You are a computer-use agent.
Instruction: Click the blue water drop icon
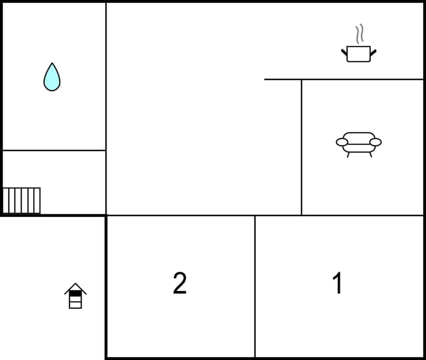pyautogui.click(x=52, y=79)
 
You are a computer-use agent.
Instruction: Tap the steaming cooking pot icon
pyautogui.click(x=359, y=54)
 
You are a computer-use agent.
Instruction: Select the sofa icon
pyautogui.click(x=359, y=143)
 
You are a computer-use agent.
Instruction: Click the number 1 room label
pyautogui.click(x=337, y=284)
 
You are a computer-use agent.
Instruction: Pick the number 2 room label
pyautogui.click(x=180, y=284)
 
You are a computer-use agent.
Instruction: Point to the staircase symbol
pyautogui.click(x=22, y=200)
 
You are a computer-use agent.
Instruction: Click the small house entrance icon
pyautogui.click(x=76, y=296)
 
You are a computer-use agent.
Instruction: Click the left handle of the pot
pyautogui.click(x=344, y=53)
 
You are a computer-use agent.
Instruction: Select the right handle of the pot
pyautogui.click(x=373, y=53)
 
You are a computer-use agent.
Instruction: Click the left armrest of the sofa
pyautogui.click(x=342, y=142)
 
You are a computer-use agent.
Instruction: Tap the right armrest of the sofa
pyautogui.click(x=375, y=142)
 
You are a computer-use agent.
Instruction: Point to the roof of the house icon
pyautogui.click(x=76, y=287)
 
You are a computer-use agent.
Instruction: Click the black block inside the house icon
pyautogui.click(x=76, y=293)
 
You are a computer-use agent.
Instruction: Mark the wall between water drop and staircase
pyautogui.click(x=54, y=150)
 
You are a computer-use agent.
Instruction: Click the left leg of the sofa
pyautogui.click(x=348, y=155)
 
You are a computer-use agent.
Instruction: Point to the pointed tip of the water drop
pyautogui.click(x=52, y=64)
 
